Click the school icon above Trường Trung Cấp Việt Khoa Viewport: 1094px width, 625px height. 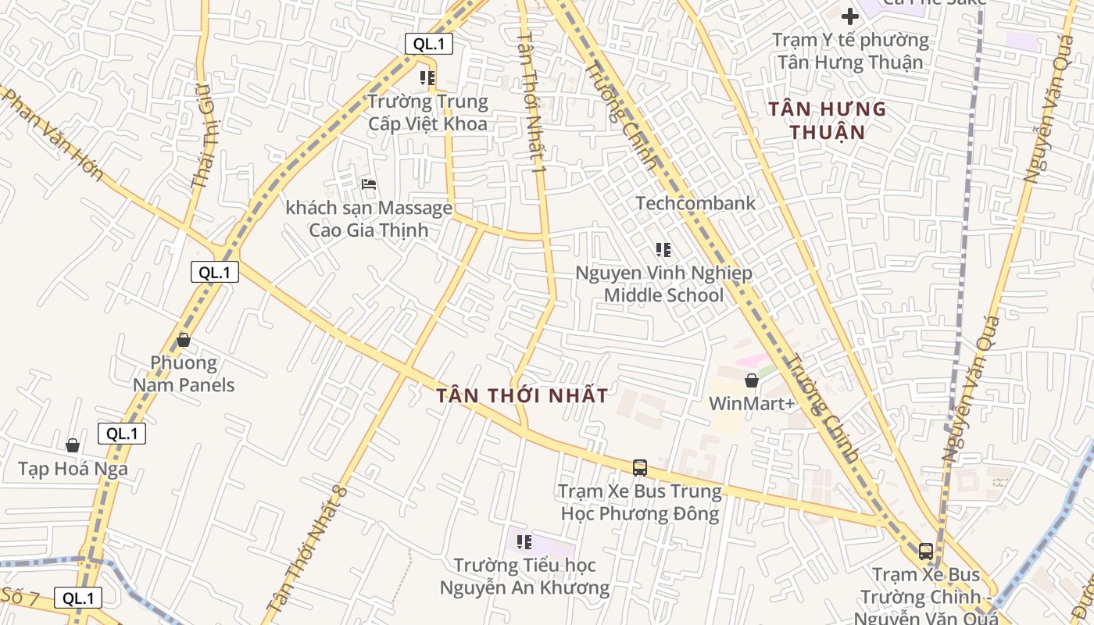point(427,78)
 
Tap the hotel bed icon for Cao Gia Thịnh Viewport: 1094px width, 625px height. point(370,184)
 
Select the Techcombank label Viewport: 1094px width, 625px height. point(695,203)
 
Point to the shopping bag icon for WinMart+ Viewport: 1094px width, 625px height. point(751,380)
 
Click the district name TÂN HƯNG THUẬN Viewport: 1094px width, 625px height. point(827,120)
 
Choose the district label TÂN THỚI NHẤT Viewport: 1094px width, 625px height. point(522,395)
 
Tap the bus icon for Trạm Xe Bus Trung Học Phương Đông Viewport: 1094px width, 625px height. point(639,467)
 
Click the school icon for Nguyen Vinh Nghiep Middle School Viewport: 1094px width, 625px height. point(663,250)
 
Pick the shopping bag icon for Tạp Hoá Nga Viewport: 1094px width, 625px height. point(73,445)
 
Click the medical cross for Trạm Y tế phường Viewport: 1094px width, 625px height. point(850,16)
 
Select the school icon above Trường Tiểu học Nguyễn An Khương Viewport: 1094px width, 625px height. point(524,541)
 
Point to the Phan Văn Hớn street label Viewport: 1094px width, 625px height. point(53,134)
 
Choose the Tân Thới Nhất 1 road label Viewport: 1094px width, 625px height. point(530,102)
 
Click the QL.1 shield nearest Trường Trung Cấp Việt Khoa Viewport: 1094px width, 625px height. point(429,44)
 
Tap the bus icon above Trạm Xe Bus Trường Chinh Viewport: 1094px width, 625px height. point(926,552)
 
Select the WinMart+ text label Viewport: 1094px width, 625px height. point(751,403)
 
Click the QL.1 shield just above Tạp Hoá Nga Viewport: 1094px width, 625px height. point(122,434)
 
